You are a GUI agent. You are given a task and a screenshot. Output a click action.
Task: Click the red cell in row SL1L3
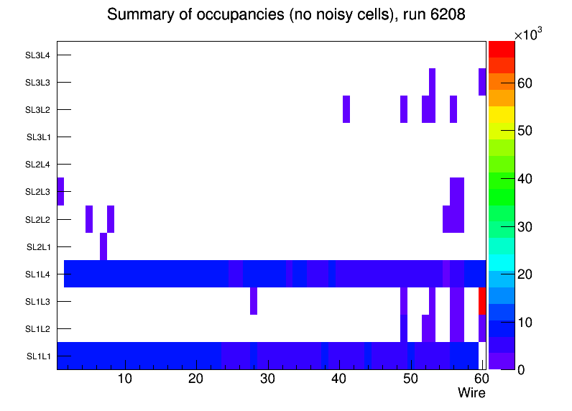coord(482,300)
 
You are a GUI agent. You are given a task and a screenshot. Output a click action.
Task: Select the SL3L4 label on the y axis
coord(37,55)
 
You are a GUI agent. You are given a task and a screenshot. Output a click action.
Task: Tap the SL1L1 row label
coord(39,356)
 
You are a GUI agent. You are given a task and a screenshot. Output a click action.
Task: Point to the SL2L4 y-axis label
coord(37,165)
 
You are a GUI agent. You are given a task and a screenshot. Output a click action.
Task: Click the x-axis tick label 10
coord(125,379)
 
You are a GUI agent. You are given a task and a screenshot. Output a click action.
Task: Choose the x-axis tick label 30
coord(267,379)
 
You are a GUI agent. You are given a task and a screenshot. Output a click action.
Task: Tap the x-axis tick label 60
coord(481,379)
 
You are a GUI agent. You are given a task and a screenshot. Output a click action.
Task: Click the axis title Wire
coord(471,393)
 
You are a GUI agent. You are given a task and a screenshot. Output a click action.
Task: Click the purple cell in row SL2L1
coord(103,246)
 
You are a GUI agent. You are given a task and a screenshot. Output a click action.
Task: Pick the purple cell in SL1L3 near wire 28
coord(254,300)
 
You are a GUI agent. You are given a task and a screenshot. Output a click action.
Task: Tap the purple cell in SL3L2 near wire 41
coord(346,109)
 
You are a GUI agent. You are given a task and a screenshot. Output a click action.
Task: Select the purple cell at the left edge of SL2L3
coord(60,191)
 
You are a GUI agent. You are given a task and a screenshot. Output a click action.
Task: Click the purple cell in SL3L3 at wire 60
coord(482,82)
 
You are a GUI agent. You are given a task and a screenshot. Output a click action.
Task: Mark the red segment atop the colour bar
coord(501,49)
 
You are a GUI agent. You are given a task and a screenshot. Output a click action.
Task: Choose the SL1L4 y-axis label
coord(39,274)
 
